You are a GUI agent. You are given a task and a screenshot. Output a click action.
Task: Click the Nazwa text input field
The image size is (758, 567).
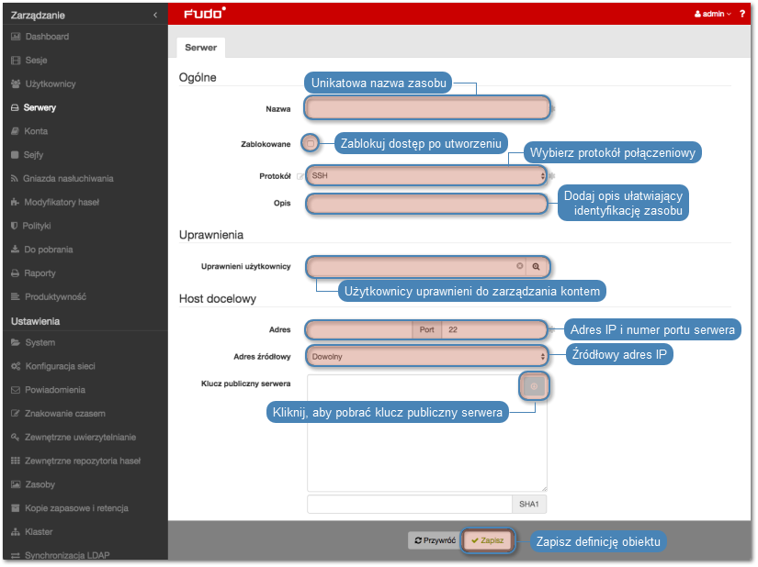[427, 108]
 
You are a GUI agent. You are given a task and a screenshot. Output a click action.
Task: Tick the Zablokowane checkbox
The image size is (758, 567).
[311, 143]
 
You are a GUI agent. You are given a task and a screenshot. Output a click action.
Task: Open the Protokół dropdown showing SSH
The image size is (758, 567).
[427, 175]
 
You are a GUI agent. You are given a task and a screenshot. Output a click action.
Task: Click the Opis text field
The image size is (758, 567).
[427, 203]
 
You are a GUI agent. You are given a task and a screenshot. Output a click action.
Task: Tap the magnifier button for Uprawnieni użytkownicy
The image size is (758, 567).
[536, 266]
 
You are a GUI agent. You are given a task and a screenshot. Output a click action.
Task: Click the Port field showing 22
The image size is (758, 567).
[494, 330]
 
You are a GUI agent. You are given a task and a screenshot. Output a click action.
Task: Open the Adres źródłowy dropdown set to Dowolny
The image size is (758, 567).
[427, 357]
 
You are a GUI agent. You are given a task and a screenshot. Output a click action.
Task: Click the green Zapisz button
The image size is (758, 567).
[487, 540]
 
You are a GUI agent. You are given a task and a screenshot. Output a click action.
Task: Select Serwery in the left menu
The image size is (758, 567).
[40, 107]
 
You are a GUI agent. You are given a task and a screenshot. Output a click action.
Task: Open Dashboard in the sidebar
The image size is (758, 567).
[47, 37]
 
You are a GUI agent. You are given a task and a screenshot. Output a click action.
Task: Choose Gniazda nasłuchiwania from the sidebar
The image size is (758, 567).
[68, 179]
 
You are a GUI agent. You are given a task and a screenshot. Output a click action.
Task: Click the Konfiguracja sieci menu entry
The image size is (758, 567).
[60, 366]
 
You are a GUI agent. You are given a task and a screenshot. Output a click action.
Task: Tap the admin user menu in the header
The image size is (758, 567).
[713, 14]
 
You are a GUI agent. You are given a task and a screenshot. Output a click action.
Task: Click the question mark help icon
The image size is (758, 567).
[742, 14]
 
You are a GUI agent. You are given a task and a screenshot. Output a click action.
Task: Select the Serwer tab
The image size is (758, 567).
[200, 48]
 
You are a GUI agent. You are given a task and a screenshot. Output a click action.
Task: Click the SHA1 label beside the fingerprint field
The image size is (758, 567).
[529, 505]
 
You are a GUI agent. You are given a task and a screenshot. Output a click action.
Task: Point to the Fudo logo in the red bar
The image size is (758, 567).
[205, 14]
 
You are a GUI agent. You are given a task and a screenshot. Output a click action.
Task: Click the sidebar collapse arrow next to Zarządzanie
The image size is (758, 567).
[155, 15]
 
